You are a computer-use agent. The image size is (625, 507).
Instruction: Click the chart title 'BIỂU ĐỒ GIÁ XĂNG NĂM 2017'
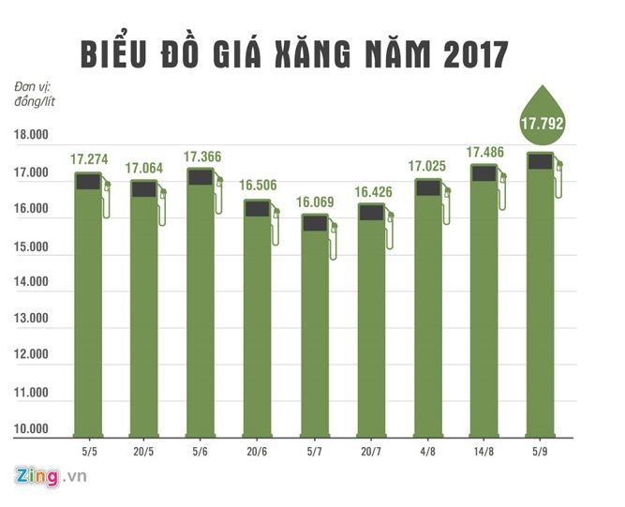293,53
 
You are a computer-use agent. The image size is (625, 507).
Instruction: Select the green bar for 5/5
88,309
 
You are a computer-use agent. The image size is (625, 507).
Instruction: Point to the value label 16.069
316,201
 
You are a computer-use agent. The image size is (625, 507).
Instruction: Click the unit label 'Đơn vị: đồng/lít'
36,94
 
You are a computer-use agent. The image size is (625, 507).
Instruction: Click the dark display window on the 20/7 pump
371,213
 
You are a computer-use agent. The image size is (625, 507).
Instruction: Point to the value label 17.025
428,167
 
